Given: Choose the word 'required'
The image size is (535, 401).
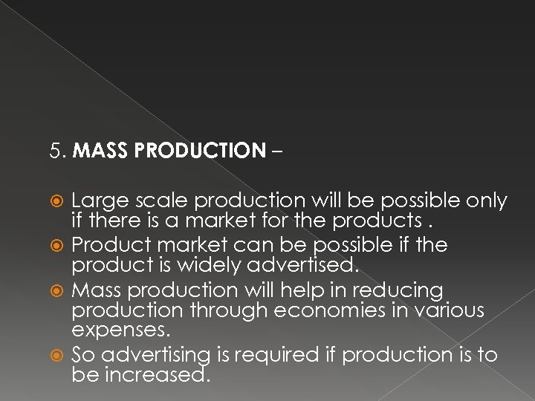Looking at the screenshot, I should pyautogui.click(x=276, y=356).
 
